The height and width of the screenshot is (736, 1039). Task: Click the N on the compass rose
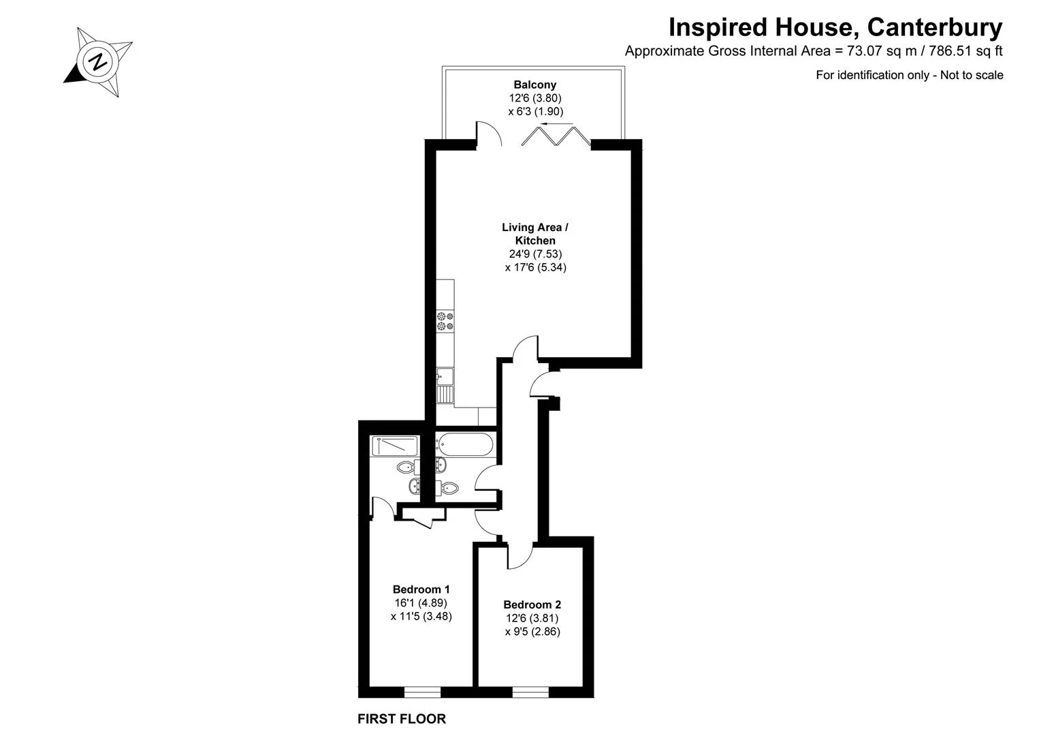pyautogui.click(x=98, y=61)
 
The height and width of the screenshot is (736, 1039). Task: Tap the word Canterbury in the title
pyautogui.click(x=935, y=28)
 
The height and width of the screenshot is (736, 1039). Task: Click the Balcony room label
pyautogui.click(x=534, y=85)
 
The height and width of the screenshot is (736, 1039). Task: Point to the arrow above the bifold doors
pyautogui.click(x=557, y=124)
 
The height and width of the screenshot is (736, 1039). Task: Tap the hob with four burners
pyautogui.click(x=445, y=322)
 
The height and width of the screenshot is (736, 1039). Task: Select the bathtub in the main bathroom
pyautogui.click(x=464, y=445)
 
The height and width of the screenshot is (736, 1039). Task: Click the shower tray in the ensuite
pyautogui.click(x=394, y=446)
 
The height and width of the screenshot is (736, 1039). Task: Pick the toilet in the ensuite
pyautogui.click(x=409, y=467)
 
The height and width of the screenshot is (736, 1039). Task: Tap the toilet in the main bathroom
pyautogui.click(x=447, y=487)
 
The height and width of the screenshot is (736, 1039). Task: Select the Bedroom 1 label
pyautogui.click(x=421, y=589)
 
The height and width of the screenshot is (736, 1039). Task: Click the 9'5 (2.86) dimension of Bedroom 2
pyautogui.click(x=532, y=632)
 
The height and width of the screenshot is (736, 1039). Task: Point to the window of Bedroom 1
pyautogui.click(x=422, y=692)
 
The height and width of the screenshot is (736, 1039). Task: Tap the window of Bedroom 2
pyautogui.click(x=530, y=692)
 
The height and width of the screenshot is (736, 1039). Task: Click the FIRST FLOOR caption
pyautogui.click(x=402, y=719)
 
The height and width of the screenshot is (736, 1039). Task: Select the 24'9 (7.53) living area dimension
pyautogui.click(x=535, y=254)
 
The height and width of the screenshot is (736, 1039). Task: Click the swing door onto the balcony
pyautogui.click(x=490, y=134)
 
